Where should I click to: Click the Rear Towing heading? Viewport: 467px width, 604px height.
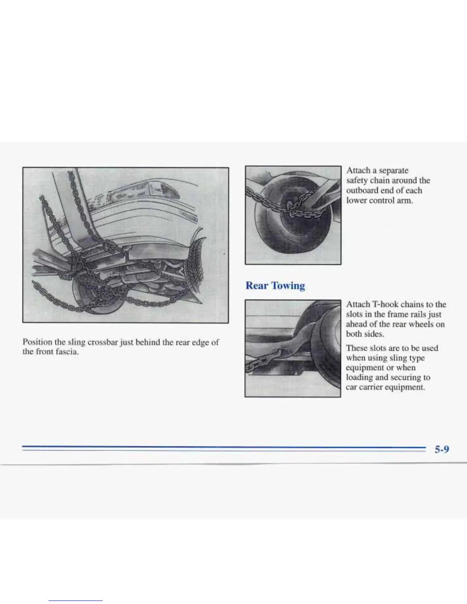275,286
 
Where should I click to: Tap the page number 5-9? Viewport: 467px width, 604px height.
442,449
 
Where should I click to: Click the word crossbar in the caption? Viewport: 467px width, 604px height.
103,342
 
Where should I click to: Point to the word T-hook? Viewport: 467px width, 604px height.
385,304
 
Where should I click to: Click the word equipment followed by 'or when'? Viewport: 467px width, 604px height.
365,368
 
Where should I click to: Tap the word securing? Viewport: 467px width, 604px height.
406,377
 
